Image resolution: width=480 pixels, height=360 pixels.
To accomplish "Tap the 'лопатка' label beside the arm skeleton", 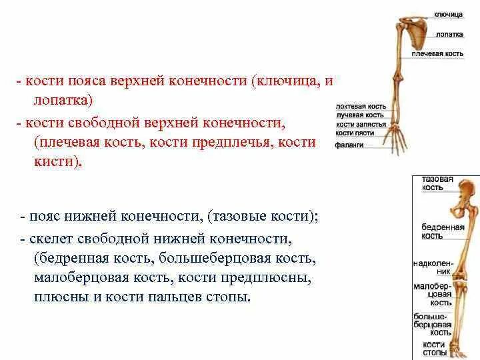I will [x=450, y=33].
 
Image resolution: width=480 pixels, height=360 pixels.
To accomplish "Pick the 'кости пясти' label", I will [x=355, y=133].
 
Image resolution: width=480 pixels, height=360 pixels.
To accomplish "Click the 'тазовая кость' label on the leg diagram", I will [x=437, y=183].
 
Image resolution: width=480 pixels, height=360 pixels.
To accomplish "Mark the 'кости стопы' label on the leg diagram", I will [x=435, y=347].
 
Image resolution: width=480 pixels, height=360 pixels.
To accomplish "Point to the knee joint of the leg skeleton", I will [x=464, y=271].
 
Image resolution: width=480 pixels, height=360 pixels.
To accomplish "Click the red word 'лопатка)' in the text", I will [x=62, y=99].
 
